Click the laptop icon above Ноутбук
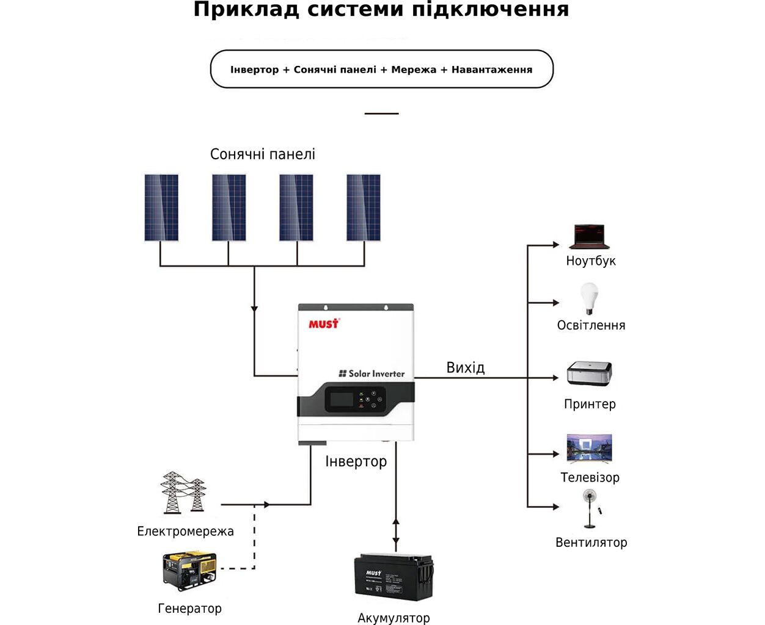click(x=589, y=237)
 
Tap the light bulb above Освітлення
click(x=589, y=298)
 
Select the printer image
click(x=590, y=373)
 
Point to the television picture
click(x=589, y=449)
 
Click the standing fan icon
click(x=590, y=508)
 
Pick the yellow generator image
click(x=189, y=571)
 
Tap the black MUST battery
click(x=393, y=577)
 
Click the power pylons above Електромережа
click(x=183, y=493)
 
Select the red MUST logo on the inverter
click(x=324, y=323)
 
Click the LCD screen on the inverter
click(x=342, y=399)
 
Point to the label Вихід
click(x=466, y=367)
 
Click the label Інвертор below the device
click(x=356, y=461)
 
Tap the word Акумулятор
click(x=393, y=618)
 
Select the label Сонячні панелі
click(x=263, y=154)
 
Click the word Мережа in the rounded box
click(x=414, y=70)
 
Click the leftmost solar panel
click(x=161, y=208)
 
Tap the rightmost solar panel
click(x=364, y=208)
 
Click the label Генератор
click(x=189, y=609)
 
